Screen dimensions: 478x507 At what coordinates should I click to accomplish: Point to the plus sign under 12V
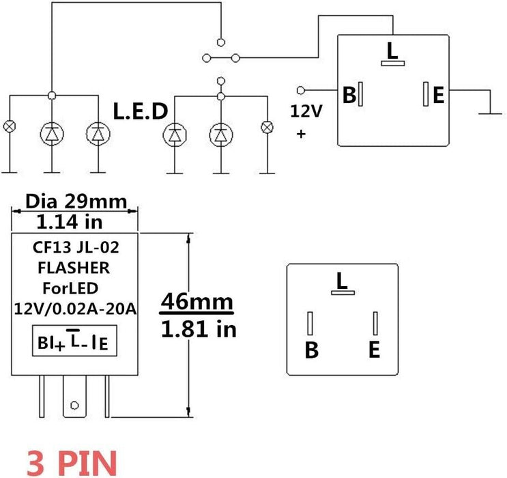click(301, 135)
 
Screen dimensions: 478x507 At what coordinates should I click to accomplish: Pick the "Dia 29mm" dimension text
click(76, 201)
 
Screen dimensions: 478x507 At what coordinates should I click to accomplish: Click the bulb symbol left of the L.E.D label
click(10, 127)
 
